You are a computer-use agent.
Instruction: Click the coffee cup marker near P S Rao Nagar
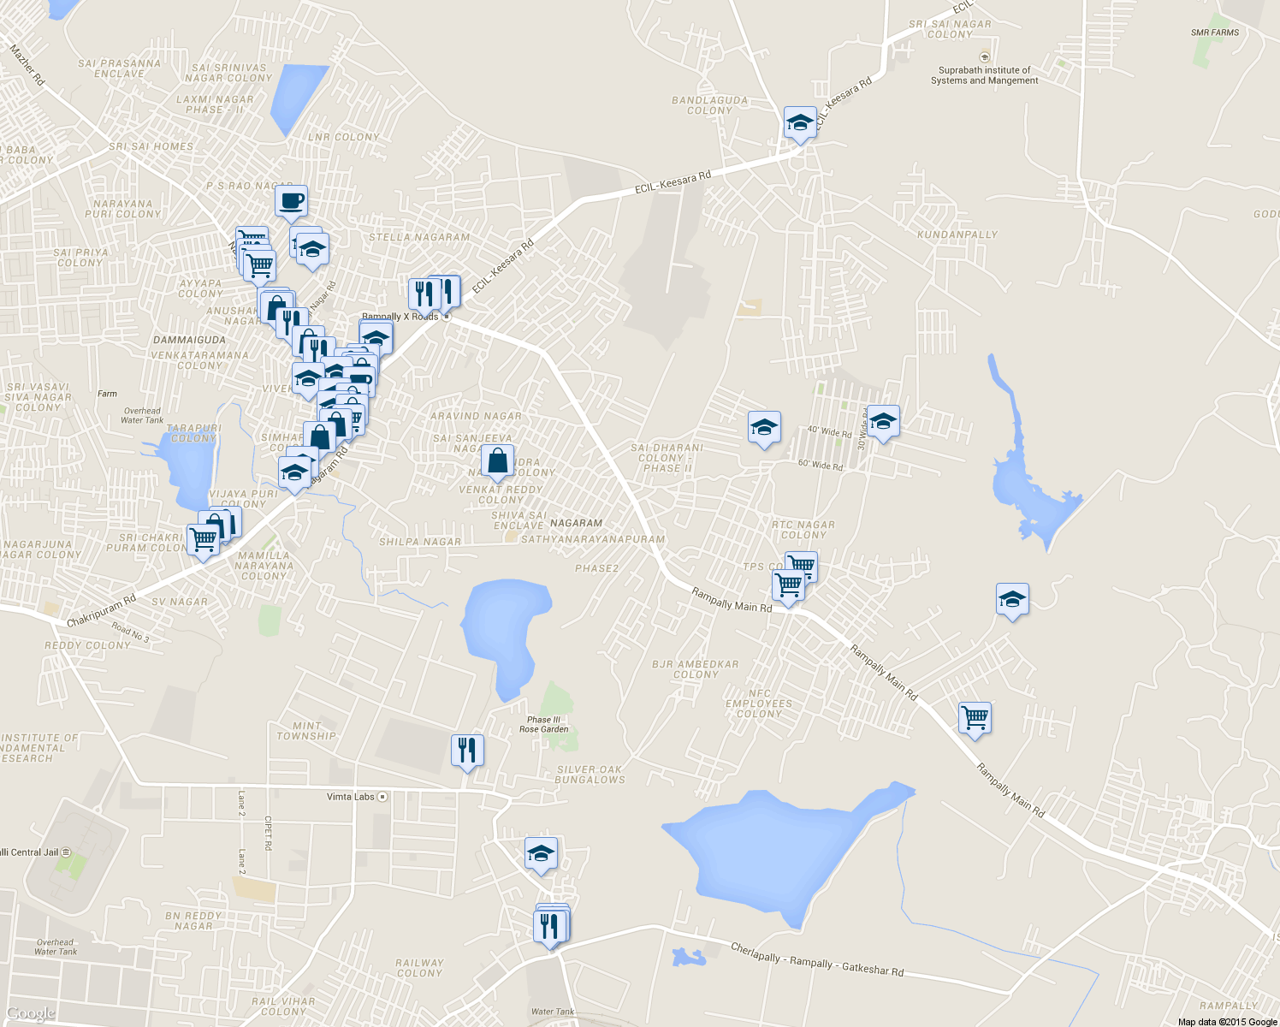[291, 202]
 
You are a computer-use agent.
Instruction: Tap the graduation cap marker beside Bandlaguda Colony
[800, 122]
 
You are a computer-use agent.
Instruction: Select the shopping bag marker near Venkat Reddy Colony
[497, 461]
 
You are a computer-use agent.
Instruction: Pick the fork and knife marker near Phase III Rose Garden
[467, 750]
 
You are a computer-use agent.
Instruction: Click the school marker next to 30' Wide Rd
[883, 421]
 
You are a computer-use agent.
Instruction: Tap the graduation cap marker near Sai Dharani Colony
[764, 427]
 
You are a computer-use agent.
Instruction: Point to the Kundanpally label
[957, 234]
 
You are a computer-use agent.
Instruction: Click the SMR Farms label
[1215, 33]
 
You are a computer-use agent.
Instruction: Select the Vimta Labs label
[351, 797]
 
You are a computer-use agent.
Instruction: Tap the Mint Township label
[306, 731]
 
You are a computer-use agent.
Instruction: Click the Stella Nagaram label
[419, 237]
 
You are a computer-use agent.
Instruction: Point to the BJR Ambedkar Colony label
[695, 669]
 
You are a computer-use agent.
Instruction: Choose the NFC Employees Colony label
[759, 703]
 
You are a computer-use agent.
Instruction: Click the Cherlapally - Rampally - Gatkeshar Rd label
[817, 959]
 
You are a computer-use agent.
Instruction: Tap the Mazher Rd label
[27, 65]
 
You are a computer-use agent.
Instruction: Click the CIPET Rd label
[268, 833]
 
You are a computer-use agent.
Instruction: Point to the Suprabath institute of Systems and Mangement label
[984, 75]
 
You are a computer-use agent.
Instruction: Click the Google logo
[31, 1014]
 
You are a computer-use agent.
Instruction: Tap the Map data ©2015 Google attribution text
[1227, 1022]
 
